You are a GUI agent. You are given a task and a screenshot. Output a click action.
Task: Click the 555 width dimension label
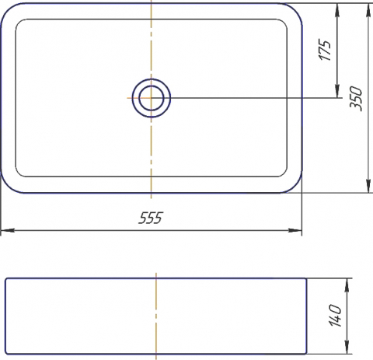click(x=151, y=218)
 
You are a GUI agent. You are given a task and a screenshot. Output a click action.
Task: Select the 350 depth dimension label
click(x=356, y=99)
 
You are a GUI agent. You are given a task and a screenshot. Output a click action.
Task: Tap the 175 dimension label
click(x=325, y=50)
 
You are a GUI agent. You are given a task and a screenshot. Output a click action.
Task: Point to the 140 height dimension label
click(x=336, y=316)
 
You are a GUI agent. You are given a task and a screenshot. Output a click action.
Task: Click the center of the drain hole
click(x=152, y=98)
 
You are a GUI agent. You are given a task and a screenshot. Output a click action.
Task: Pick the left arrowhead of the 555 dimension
click(x=7, y=230)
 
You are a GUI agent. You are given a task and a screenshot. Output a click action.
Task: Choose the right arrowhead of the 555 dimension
click(x=295, y=230)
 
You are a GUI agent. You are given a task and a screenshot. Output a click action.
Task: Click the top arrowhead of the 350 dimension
click(x=368, y=10)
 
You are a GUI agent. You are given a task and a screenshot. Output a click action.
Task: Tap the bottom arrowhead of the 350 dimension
click(x=368, y=186)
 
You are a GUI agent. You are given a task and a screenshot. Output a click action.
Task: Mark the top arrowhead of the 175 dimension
click(x=337, y=10)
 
